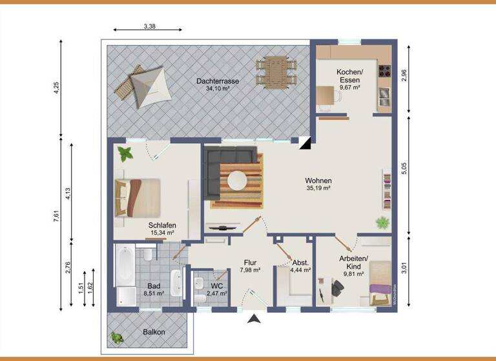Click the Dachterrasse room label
[x=218, y=81]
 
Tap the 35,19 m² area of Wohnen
[x=318, y=189]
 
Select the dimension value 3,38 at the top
[x=149, y=27]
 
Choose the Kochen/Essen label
[x=349, y=75]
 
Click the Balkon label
[x=154, y=332]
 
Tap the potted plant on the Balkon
[x=117, y=337]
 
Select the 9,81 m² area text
[x=354, y=273]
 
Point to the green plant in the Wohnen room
[x=383, y=223]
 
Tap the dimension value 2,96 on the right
[x=404, y=75]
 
